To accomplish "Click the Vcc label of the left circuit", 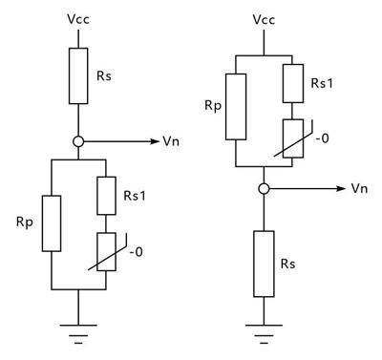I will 78,19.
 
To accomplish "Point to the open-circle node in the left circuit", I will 79,141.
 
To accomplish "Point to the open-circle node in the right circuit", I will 262,188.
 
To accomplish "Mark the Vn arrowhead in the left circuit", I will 154,141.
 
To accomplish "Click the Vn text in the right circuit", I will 359,188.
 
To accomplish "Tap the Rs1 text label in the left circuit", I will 135,195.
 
